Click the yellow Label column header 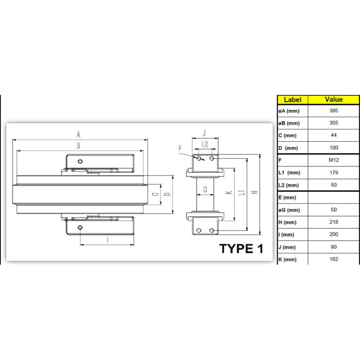[x=292, y=100]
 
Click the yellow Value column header [x=333, y=99]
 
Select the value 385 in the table [x=333, y=111]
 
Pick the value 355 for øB [x=333, y=123]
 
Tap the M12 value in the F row [x=333, y=160]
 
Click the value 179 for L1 [x=333, y=172]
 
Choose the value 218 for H [x=333, y=222]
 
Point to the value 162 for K [x=333, y=259]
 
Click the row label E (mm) [x=287, y=198]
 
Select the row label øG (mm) [x=289, y=210]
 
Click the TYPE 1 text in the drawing [x=241, y=249]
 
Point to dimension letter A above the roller [x=78, y=135]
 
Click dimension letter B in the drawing [x=78, y=146]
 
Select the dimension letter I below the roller [x=108, y=240]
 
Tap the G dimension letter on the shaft [x=205, y=189]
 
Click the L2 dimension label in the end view [x=205, y=144]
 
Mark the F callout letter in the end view [x=180, y=148]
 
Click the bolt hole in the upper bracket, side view [x=80, y=162]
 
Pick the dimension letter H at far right [x=255, y=192]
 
